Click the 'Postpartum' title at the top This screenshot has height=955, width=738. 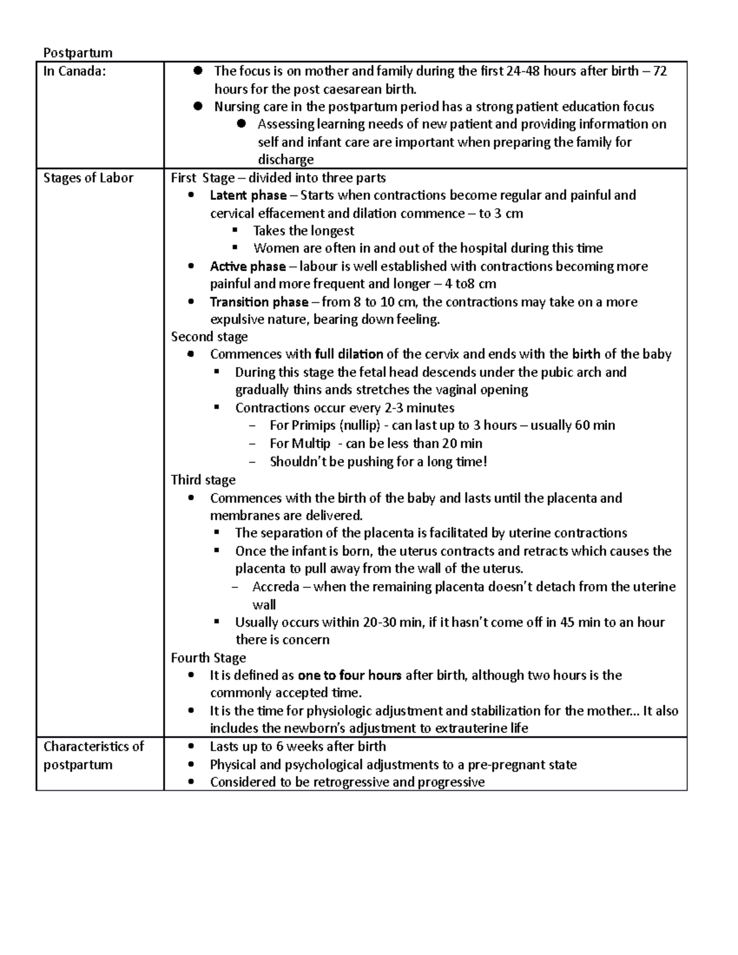click(77, 53)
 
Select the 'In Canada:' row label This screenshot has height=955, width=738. click(74, 71)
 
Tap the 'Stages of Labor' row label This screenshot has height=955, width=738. click(88, 178)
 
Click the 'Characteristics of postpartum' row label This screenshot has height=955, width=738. click(93, 755)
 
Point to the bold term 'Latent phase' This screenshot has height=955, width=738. click(248, 196)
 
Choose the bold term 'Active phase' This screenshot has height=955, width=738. click(248, 266)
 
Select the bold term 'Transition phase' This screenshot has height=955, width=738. click(259, 302)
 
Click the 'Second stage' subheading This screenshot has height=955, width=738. click(209, 337)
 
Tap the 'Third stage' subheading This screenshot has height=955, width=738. click(203, 480)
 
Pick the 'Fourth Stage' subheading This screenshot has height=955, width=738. click(208, 657)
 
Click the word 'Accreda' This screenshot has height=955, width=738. click(276, 587)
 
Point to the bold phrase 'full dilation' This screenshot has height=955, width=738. click(349, 354)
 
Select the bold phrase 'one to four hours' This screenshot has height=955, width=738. click(349, 675)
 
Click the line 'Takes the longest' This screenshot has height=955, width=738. click(303, 231)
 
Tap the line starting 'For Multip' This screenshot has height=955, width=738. click(375, 443)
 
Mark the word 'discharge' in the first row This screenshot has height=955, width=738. click(285, 160)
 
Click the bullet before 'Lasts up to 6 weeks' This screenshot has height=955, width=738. click(192, 747)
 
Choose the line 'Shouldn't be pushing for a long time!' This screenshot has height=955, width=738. click(378, 462)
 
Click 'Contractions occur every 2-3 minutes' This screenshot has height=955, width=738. click(344, 408)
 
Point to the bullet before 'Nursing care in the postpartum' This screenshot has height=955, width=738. click(197, 106)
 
